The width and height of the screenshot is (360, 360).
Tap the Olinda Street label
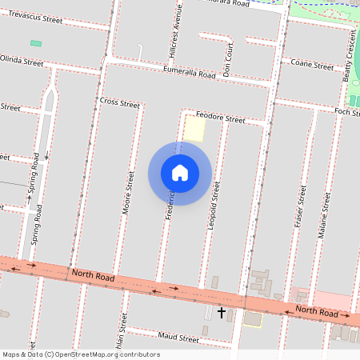[22, 60]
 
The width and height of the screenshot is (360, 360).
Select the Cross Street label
[119, 102]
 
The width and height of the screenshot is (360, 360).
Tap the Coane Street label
[311, 65]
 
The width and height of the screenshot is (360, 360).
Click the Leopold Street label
[213, 206]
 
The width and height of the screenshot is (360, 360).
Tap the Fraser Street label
[301, 207]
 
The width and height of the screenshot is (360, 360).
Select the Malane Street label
[326, 210]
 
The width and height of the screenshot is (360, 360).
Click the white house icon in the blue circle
[180, 173]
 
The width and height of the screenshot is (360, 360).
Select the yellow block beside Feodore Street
[194, 129]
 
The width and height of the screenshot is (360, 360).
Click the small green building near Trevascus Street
[35, 42]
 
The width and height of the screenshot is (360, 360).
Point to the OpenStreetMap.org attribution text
[81, 354]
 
